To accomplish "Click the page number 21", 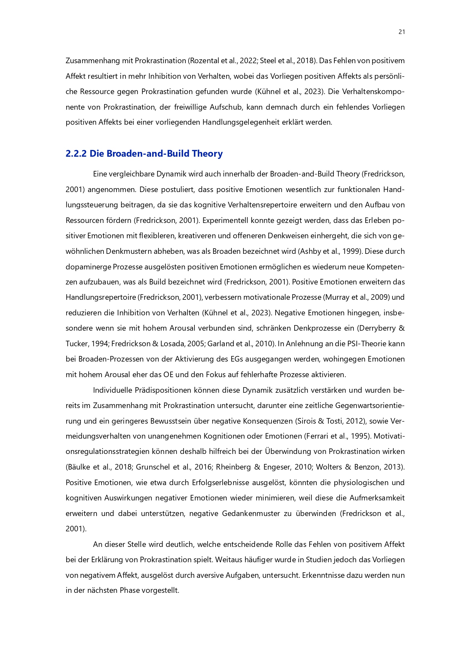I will click(401, 32).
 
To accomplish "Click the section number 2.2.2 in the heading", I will click(76, 154).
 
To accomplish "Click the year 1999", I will click(351, 251).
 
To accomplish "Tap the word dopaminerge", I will click(88, 267).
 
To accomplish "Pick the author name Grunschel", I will click(151, 467).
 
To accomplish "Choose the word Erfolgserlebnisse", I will click(220, 483).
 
